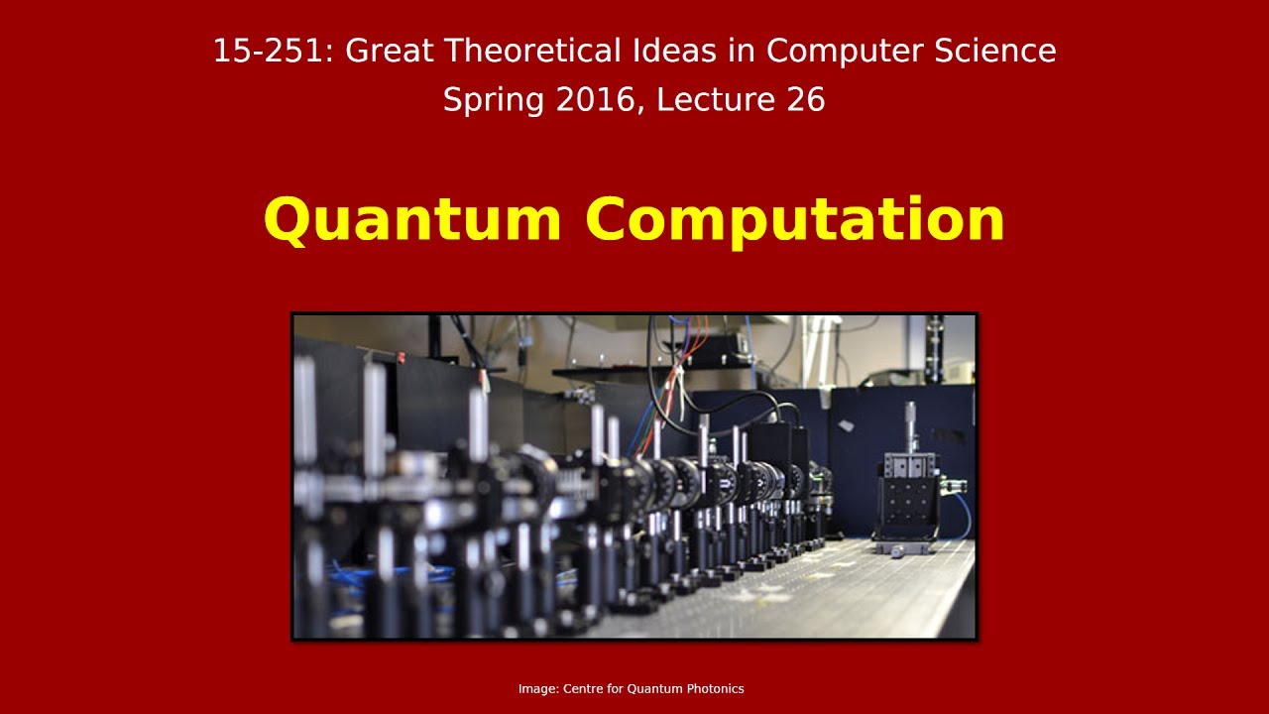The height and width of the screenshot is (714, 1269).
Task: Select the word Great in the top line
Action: click(390, 51)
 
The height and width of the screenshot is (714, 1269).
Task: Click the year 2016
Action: click(590, 100)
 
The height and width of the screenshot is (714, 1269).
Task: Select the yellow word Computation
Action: click(795, 220)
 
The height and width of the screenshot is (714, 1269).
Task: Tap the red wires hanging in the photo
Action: click(678, 382)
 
